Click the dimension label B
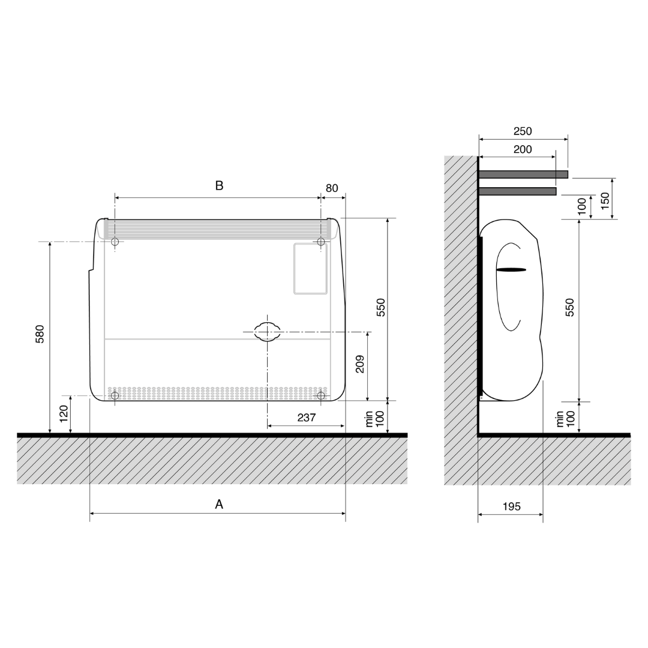pos(219,185)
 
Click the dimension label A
pos(219,504)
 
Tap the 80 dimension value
pos(332,188)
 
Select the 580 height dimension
pos(40,334)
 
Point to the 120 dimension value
pos(64,413)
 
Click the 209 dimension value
pos(360,364)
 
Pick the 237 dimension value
pos(307,418)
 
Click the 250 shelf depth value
pos(523,131)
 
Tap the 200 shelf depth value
pos(523,149)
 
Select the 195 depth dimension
pos(512,506)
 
